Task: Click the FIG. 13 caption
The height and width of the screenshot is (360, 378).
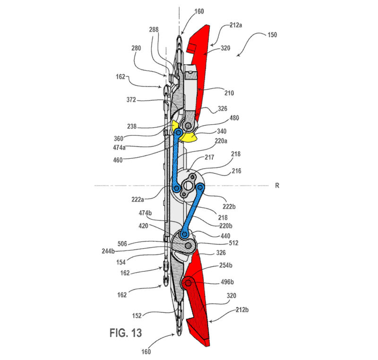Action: point(126,333)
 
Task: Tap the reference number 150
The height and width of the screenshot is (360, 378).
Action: point(272,34)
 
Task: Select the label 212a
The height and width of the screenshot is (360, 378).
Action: point(235,25)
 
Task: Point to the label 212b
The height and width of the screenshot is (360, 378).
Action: point(242,309)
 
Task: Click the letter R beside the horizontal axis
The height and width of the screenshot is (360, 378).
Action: point(277,186)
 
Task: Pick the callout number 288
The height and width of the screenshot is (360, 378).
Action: point(154,30)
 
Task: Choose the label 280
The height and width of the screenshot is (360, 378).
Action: point(136,48)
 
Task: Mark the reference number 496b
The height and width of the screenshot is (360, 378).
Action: point(227,282)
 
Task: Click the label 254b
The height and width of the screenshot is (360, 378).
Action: point(226,266)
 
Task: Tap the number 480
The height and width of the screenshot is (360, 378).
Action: point(234,118)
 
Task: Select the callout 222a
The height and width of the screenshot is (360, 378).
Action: point(137,199)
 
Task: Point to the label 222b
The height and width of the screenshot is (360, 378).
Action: point(229,206)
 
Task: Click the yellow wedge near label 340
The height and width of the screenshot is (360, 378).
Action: point(190,137)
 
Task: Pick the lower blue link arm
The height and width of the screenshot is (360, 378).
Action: point(192,211)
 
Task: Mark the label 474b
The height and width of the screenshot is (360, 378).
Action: point(145,213)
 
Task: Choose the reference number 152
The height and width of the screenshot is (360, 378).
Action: point(137,316)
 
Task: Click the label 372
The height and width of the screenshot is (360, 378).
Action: point(131,100)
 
